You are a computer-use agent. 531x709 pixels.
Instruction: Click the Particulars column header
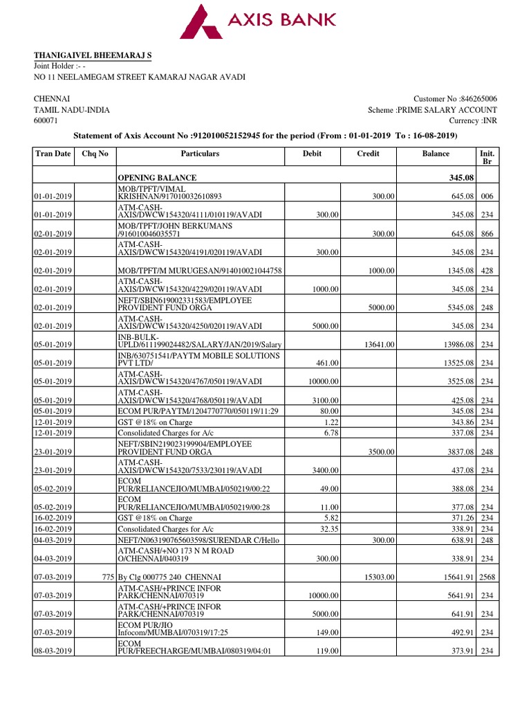click(x=200, y=154)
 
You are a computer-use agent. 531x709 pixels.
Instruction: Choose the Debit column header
click(x=313, y=154)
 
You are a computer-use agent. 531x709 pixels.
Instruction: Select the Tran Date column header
click(x=53, y=154)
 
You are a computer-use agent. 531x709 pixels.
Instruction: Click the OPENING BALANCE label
click(x=157, y=178)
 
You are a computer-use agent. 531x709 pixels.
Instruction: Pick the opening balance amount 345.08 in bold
click(x=463, y=178)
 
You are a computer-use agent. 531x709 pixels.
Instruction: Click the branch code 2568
click(x=487, y=577)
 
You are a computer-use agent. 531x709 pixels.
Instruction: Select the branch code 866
click(x=487, y=234)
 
